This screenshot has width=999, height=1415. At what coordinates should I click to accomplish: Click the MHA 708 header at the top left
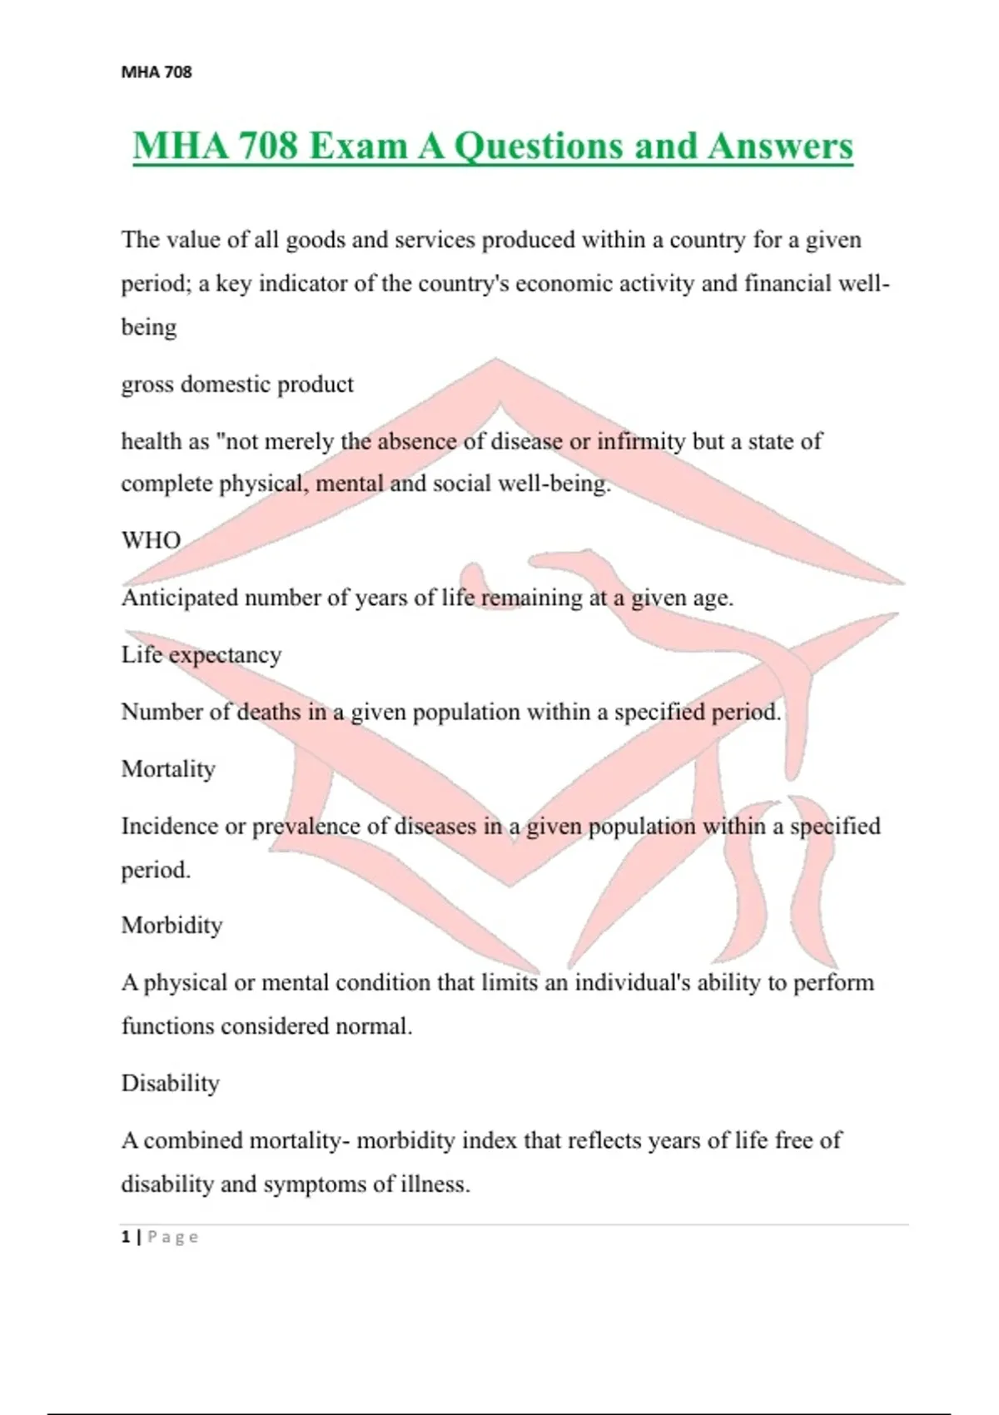[x=157, y=72]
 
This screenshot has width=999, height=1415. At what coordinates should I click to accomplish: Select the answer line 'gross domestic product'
[x=237, y=385]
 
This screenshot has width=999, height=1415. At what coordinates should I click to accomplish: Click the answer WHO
[x=151, y=540]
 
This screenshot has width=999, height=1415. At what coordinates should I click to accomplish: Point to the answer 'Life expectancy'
[x=201, y=655]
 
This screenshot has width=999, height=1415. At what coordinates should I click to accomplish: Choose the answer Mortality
[x=168, y=769]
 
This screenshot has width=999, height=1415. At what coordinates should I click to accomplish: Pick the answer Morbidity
[x=171, y=926]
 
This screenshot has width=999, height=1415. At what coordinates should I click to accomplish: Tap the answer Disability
[x=171, y=1083]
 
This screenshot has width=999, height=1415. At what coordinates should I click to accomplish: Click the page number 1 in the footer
[x=126, y=1237]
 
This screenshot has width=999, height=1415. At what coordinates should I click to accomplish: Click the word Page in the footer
[x=173, y=1237]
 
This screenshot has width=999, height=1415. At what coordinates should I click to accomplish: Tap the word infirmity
[x=639, y=441]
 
